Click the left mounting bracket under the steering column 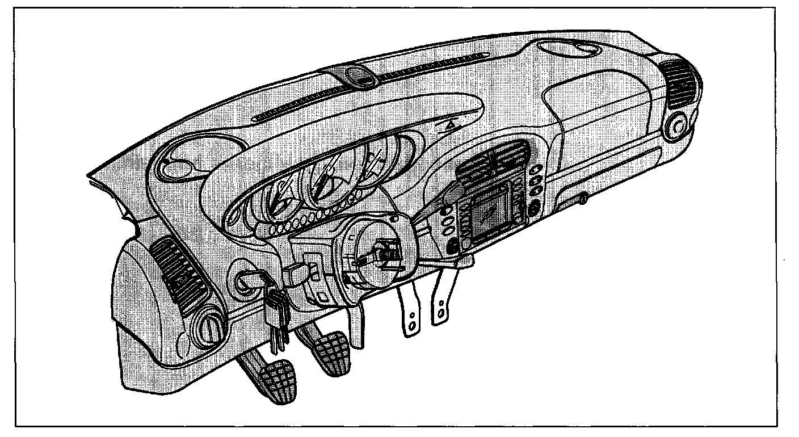pyautogui.click(x=410, y=312)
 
